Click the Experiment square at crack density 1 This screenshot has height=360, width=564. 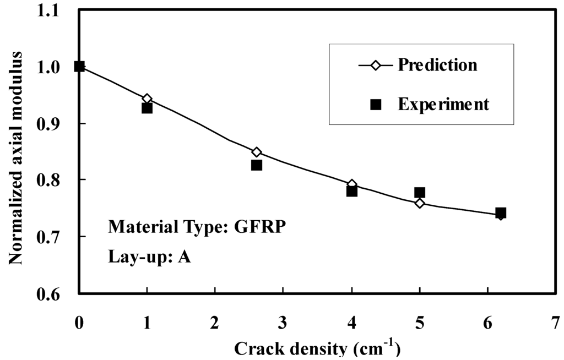click(x=147, y=108)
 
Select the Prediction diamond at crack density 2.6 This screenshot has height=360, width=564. click(x=257, y=152)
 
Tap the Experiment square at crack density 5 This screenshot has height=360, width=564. click(x=420, y=192)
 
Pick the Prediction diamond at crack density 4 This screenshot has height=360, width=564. click(x=352, y=184)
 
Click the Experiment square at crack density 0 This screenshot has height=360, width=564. click(x=79, y=67)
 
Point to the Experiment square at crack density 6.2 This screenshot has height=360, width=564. click(x=501, y=212)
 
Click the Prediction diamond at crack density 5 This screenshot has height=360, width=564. click(x=420, y=203)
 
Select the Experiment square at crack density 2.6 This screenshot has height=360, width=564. click(x=257, y=165)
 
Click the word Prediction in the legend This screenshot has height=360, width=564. click(x=437, y=65)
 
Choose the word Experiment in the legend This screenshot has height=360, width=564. click(x=443, y=104)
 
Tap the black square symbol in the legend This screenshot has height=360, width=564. click(x=376, y=105)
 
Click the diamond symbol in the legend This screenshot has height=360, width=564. click(x=376, y=66)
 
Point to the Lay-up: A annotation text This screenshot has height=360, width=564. click(x=149, y=257)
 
